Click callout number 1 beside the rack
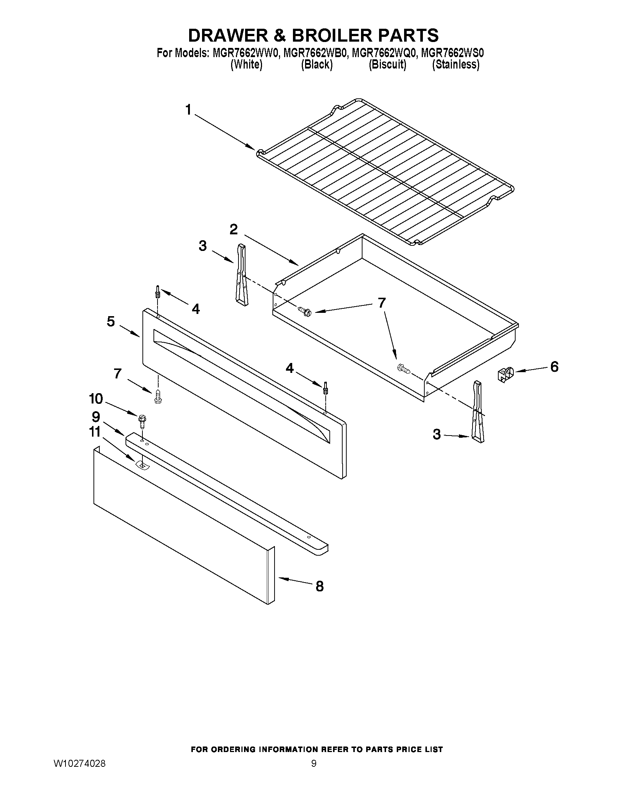188,110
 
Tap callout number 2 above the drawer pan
233,230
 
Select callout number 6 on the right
554,367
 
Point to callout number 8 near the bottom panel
319,586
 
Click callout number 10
96,399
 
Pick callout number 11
95,431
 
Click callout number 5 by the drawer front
111,321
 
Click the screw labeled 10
141,419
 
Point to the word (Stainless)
456,64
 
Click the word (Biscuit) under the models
387,64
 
